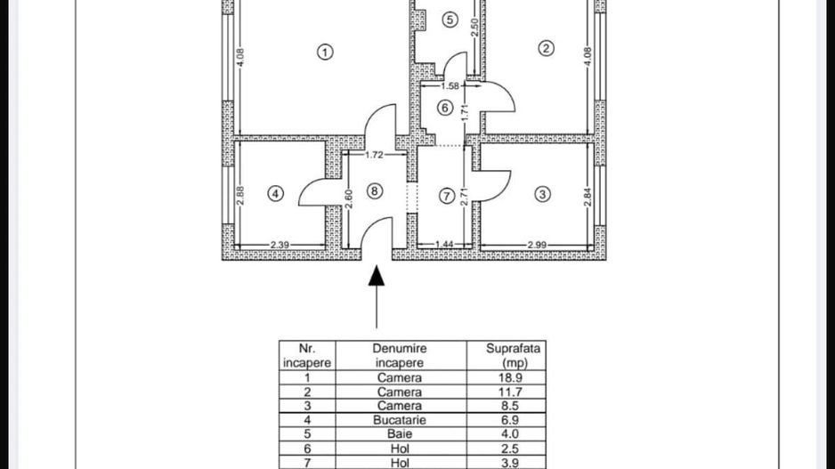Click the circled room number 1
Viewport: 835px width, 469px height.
[x=325, y=53]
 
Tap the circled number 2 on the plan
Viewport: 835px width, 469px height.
[x=546, y=48]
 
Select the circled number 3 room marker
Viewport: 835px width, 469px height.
[x=542, y=194]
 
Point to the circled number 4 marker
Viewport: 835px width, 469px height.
[x=275, y=194]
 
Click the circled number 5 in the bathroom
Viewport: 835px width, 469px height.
[x=450, y=20]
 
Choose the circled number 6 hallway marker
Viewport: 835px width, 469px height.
[x=445, y=108]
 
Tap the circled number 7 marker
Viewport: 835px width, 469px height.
[x=447, y=196]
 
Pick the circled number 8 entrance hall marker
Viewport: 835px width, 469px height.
[x=375, y=191]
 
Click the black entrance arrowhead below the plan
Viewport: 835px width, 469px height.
[x=377, y=275]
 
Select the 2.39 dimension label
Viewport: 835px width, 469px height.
[x=280, y=245]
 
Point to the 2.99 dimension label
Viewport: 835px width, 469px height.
[x=537, y=245]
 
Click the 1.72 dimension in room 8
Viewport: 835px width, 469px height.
[x=374, y=155]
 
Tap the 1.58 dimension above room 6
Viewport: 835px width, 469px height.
[x=450, y=85]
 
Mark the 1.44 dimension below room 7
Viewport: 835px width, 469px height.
[x=444, y=245]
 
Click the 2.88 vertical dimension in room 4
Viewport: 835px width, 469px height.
[x=240, y=196]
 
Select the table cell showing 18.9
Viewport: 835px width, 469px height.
[x=510, y=378]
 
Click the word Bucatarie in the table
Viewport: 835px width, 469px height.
[x=400, y=420]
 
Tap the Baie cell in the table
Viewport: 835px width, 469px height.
[x=400, y=434]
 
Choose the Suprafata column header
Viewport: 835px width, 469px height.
[x=514, y=349]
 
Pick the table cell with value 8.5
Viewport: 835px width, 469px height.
[x=510, y=406]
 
